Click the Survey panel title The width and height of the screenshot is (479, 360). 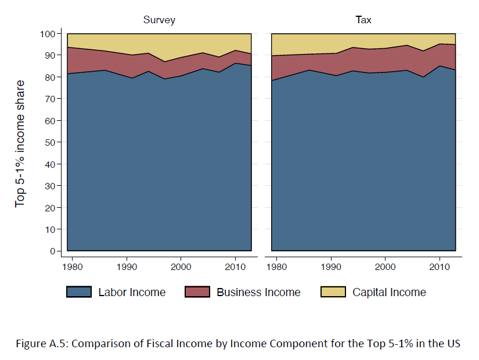click(159, 20)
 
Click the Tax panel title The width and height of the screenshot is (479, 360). click(363, 20)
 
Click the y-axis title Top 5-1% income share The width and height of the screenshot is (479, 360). click(21, 143)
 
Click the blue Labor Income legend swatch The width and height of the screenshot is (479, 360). click(79, 292)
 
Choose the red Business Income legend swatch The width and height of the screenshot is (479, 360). click(197, 292)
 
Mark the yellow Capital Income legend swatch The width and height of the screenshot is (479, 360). click(333, 292)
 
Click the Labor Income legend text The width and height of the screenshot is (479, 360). click(132, 293)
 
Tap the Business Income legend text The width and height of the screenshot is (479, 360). click(258, 293)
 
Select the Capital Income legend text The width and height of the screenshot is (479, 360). click(389, 293)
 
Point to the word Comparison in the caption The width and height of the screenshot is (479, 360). click(97, 343)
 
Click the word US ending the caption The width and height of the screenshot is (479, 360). click(453, 343)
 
